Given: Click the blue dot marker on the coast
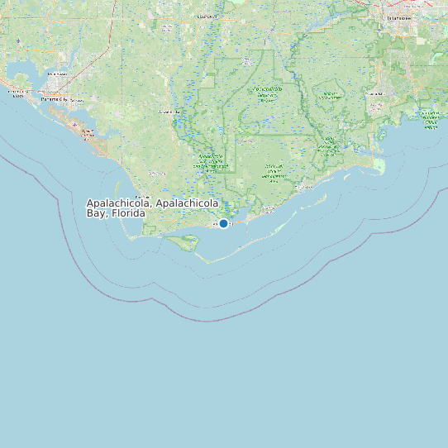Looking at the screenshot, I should click(223, 223).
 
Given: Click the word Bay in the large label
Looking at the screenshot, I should click(97, 213).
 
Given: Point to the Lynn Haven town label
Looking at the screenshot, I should click(56, 74).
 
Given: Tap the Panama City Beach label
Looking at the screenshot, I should click(17, 93).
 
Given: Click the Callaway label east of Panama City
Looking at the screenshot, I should click(77, 101).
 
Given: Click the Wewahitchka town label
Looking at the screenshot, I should click(168, 111).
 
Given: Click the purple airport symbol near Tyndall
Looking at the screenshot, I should click(75, 126).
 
